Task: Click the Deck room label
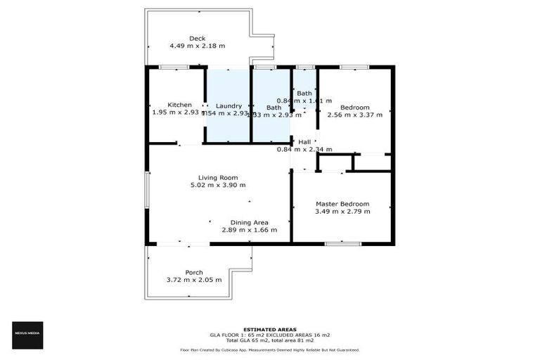pyautogui.click(x=197, y=38)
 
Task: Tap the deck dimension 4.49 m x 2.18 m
pyautogui.click(x=197, y=46)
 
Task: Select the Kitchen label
pyautogui.click(x=174, y=105)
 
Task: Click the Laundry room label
pyautogui.click(x=229, y=105)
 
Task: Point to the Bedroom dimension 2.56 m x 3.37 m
pyautogui.click(x=355, y=115)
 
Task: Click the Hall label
pyautogui.click(x=304, y=141)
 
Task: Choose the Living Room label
pyautogui.click(x=218, y=177)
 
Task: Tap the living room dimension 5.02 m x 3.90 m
pyautogui.click(x=218, y=185)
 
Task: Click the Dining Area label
pyautogui.click(x=250, y=222)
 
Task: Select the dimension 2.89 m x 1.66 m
pyautogui.click(x=250, y=230)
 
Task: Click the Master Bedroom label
pyautogui.click(x=342, y=204)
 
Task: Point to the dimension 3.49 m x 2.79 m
pyautogui.click(x=342, y=211)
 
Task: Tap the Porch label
pyautogui.click(x=194, y=272)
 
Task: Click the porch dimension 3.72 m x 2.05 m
pyautogui.click(x=194, y=280)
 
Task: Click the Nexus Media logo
pyautogui.click(x=28, y=335)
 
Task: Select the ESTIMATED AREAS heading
pyautogui.click(x=270, y=329)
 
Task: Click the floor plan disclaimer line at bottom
pyautogui.click(x=270, y=349)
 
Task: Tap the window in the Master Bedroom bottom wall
pyautogui.click(x=342, y=244)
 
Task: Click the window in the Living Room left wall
pyautogui.click(x=147, y=190)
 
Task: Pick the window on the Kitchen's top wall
pyautogui.click(x=173, y=67)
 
